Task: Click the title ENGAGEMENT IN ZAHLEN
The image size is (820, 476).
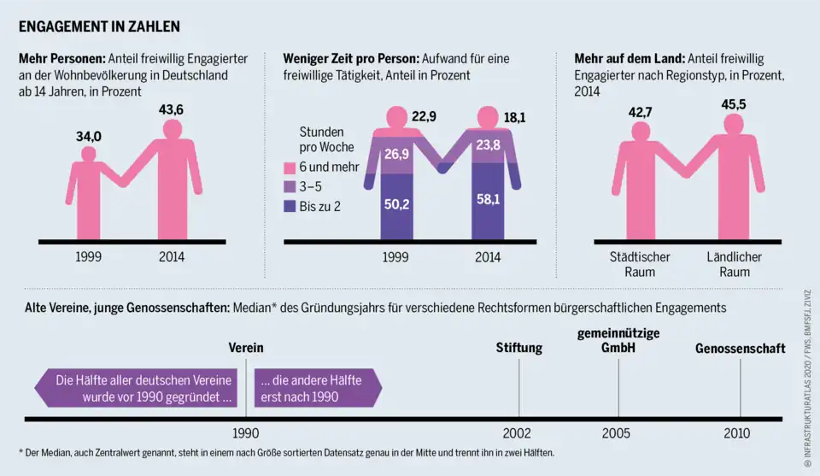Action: (100, 26)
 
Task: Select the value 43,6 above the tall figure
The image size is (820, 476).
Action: (172, 109)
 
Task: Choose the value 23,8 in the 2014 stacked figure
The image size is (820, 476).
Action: (488, 145)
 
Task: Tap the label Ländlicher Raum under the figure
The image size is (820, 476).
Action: (734, 264)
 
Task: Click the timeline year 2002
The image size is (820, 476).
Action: (518, 433)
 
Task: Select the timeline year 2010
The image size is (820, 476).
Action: (737, 433)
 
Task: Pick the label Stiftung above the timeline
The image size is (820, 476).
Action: (519, 348)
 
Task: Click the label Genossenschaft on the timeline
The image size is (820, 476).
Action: (740, 348)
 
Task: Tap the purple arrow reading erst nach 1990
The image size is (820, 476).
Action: (314, 389)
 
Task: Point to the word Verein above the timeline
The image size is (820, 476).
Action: (246, 348)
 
